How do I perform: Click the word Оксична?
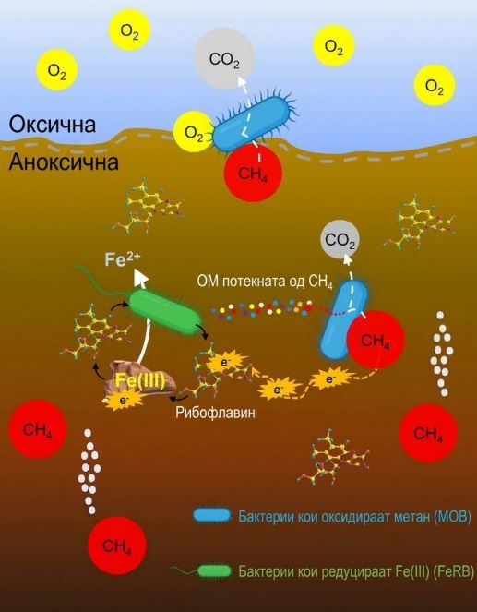pos(53,125)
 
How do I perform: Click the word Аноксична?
pos(64,162)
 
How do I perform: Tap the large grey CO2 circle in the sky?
pos(224,58)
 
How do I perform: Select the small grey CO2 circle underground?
pos(340,240)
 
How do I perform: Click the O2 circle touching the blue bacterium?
pos(194,132)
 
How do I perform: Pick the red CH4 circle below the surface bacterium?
pos(253,173)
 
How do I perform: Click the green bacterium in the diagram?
pos(165,312)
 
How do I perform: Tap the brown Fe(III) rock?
pos(139,382)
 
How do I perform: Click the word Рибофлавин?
pos(216,413)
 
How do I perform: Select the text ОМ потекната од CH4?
pos(265,282)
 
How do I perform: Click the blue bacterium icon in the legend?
pos(211,516)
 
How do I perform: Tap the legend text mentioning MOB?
pos(355,517)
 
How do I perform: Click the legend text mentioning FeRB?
pos(356,571)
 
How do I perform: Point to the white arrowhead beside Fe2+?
pos(141,277)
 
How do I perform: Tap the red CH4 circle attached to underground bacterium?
pos(376,340)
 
